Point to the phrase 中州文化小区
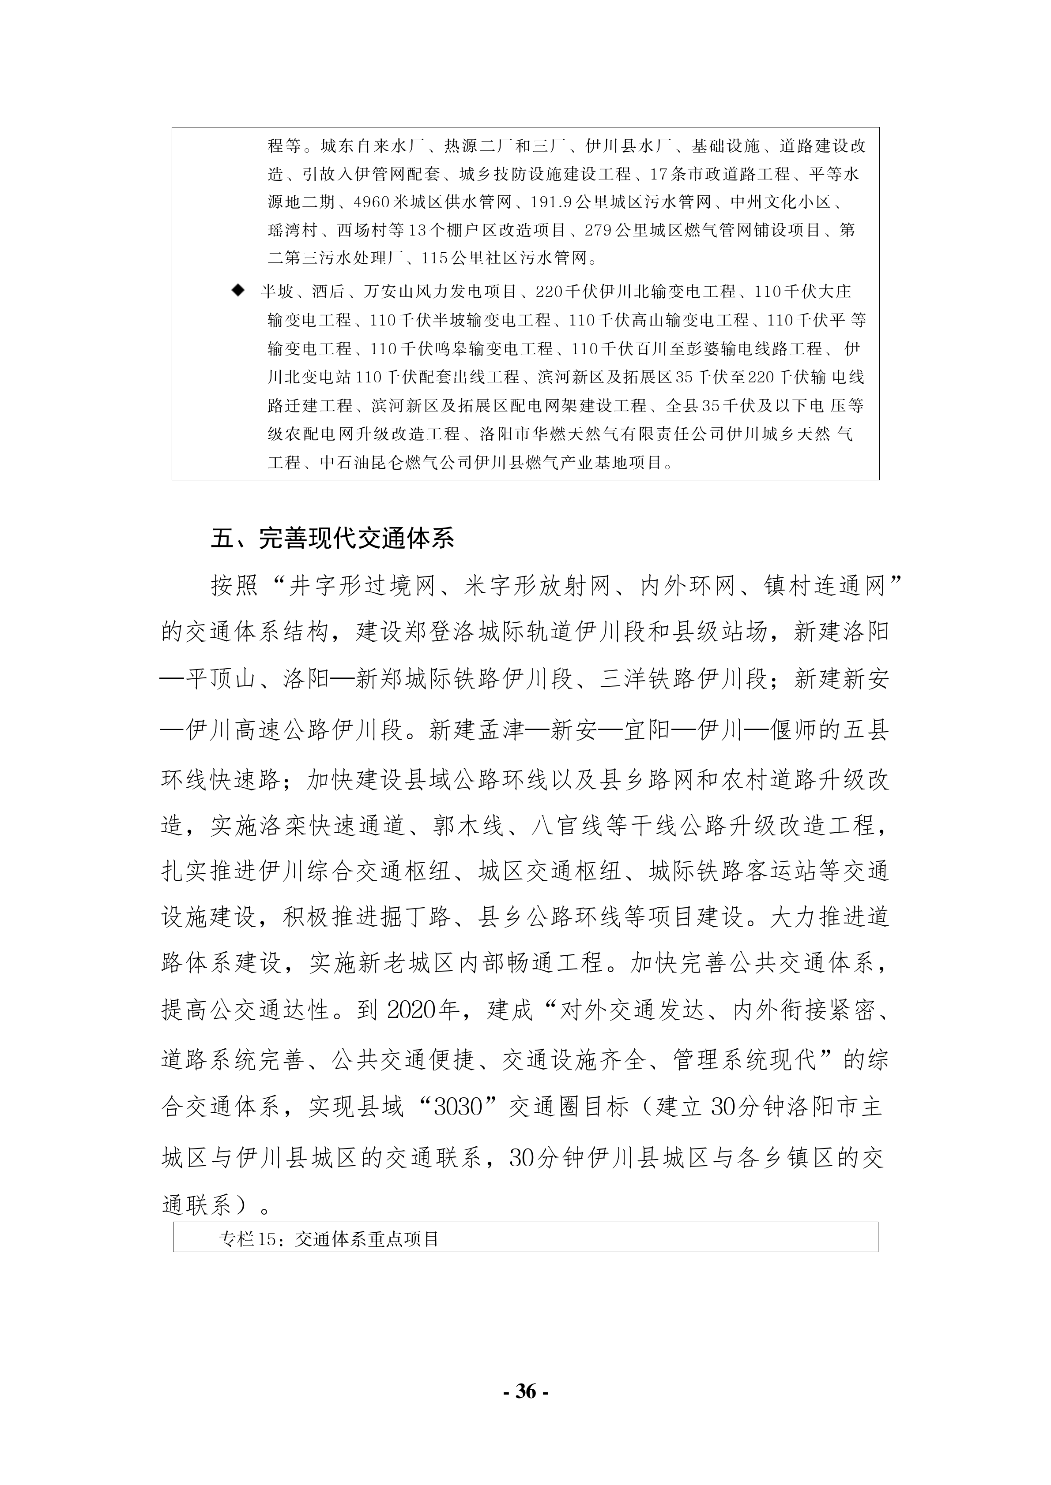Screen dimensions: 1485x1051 pyautogui.click(x=780, y=202)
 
